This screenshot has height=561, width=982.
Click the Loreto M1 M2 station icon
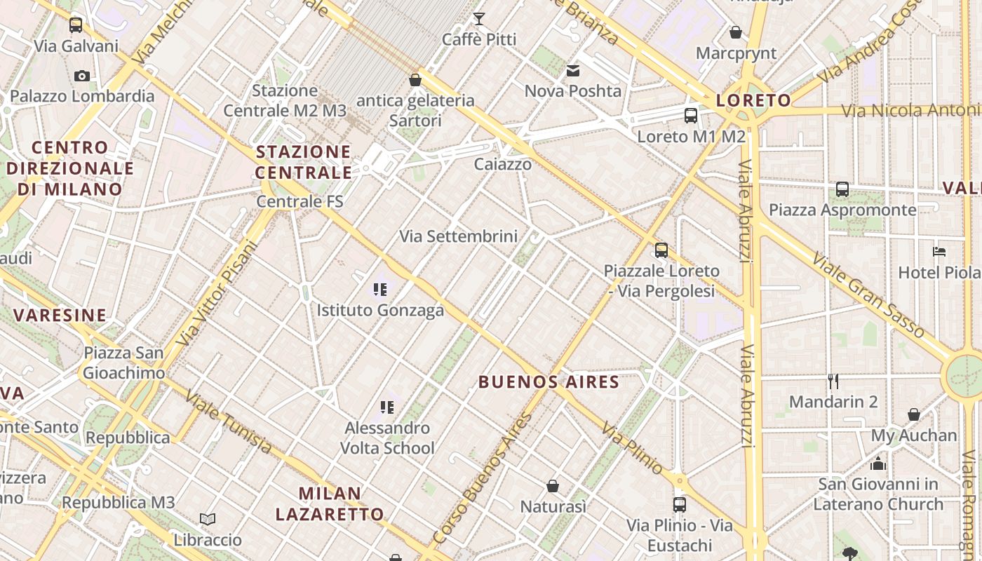coord(691,116)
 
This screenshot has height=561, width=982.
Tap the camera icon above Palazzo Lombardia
coord(82,76)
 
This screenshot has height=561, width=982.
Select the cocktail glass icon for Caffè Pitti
coord(479,19)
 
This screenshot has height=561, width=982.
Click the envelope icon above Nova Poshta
coord(573,70)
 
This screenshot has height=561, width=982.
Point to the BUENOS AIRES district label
coord(549,382)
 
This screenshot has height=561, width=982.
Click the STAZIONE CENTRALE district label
coord(303,162)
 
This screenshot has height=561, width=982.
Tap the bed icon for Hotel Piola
coord(939,251)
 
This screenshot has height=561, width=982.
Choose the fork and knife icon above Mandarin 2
coord(833,381)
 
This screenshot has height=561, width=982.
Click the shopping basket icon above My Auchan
coord(914,414)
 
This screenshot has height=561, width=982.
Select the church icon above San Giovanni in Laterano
coord(877,464)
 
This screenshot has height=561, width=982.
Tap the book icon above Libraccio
coord(207,520)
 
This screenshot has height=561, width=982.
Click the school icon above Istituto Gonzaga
coord(380,289)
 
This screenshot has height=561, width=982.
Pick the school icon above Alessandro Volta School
coord(386,407)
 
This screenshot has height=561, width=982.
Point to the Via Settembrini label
coord(459,236)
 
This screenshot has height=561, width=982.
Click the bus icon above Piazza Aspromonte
coord(842,189)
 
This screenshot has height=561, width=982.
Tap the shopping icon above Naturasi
coord(553,486)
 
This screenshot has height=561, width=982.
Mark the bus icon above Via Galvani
coord(76,26)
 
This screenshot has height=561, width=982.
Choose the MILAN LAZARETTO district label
coord(330,503)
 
